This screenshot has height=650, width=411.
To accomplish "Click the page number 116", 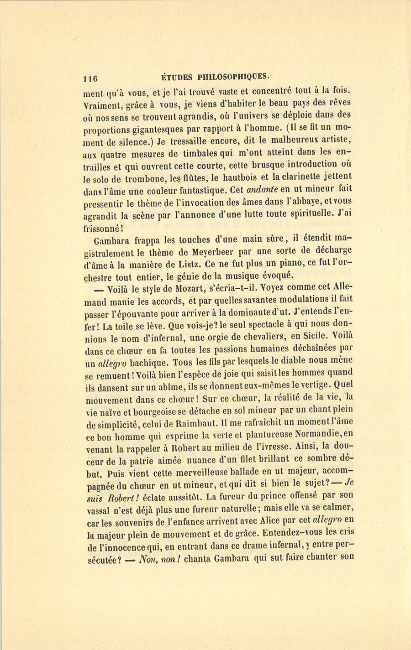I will pos(91,77).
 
